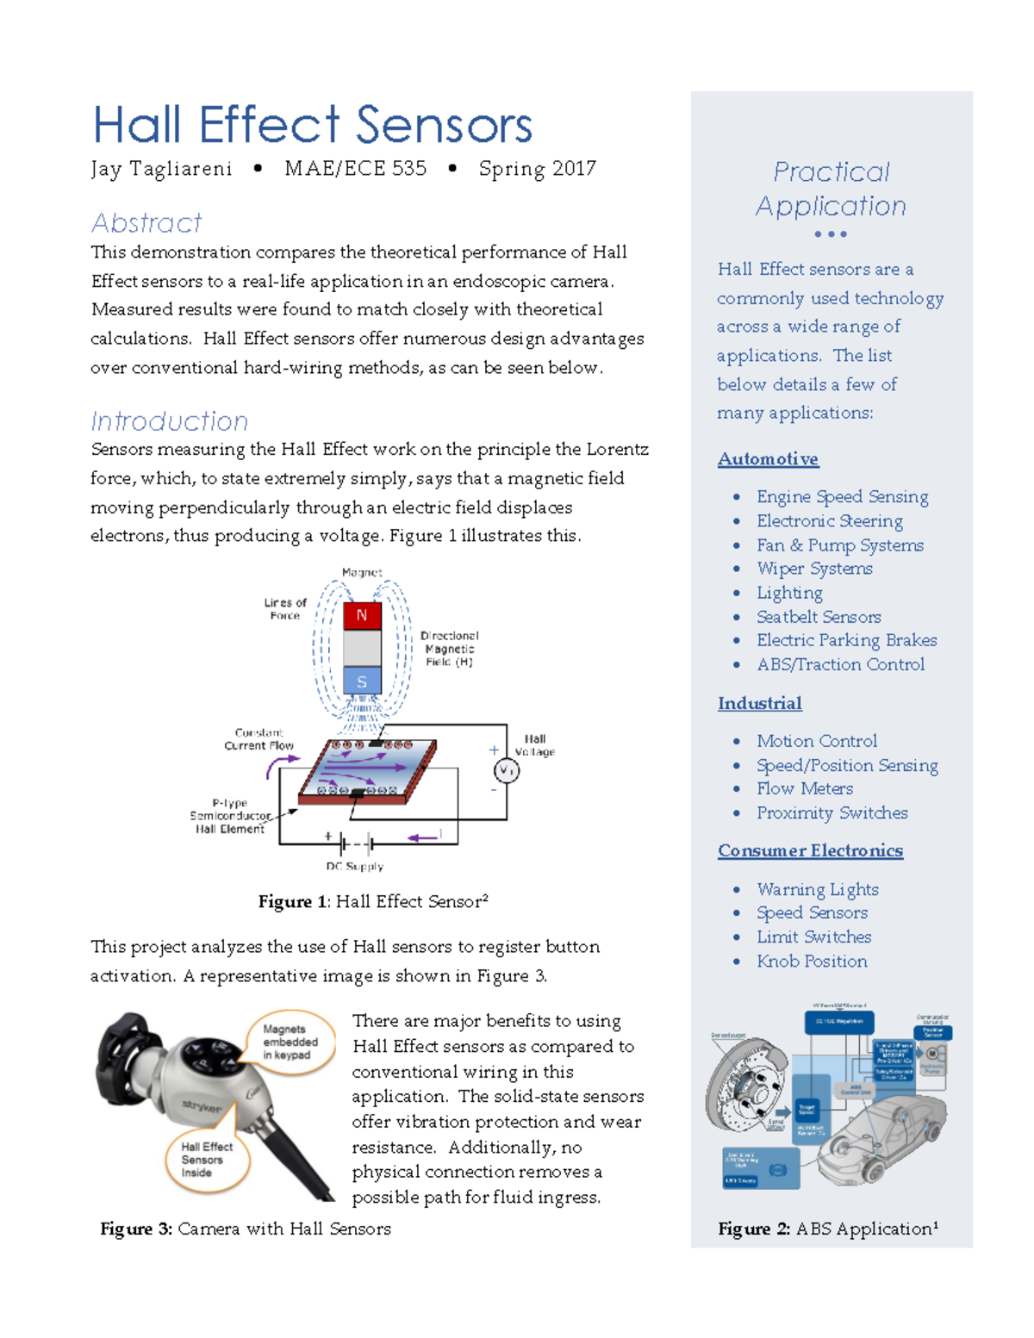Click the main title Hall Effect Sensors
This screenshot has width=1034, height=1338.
312,125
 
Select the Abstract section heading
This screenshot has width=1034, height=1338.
146,223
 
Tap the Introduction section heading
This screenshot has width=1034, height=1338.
169,421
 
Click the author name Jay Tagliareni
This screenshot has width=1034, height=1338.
161,169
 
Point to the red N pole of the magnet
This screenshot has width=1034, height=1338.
362,615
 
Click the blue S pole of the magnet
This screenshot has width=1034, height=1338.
362,681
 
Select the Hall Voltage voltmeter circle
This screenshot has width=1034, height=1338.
506,771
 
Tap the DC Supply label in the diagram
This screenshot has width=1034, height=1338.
354,866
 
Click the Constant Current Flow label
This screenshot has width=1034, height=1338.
258,739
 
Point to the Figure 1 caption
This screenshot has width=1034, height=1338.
373,901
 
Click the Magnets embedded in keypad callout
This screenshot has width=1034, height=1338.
290,1042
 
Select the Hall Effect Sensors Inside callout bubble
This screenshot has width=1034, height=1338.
207,1160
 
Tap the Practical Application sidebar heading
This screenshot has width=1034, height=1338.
831,189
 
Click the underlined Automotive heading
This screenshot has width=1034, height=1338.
768,459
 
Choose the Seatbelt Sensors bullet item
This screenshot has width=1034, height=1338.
819,617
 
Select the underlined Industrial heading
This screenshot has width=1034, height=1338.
759,703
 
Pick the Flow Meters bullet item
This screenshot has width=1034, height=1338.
805,788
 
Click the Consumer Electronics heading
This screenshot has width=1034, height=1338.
810,850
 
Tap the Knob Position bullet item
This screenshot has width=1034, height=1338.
812,961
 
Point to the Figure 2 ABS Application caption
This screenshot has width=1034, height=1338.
828,1229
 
